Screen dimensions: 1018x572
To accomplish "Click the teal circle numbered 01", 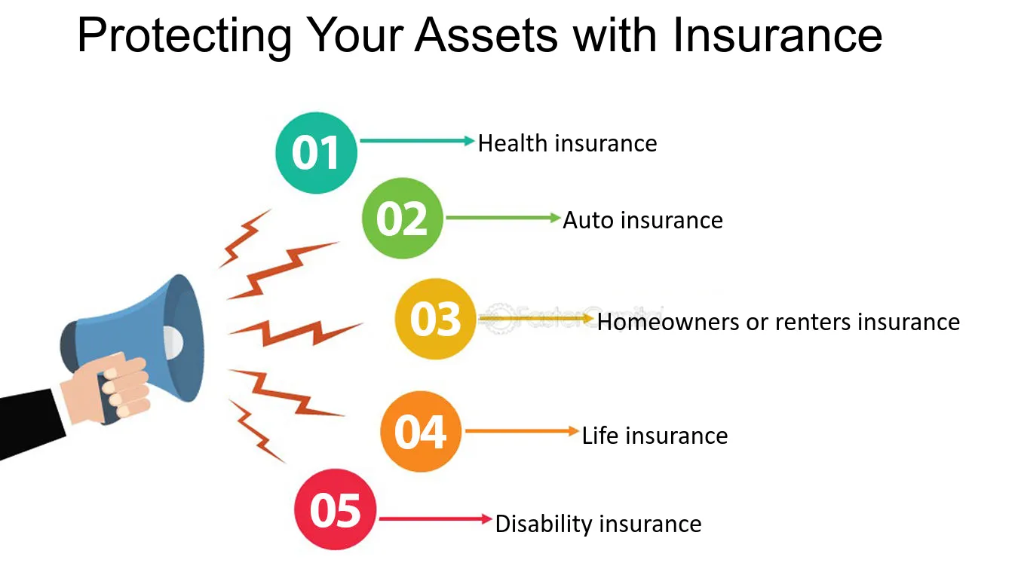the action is (x=316, y=153).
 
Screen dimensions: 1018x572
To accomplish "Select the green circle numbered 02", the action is (x=402, y=219).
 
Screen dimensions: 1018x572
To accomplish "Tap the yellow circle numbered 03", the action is (x=435, y=319).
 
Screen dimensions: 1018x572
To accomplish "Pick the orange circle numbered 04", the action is (x=421, y=432).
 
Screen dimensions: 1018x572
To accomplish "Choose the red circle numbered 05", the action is (x=336, y=509).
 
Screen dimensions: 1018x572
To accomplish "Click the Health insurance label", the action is (x=567, y=144).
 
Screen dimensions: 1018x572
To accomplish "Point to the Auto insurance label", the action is (x=642, y=220).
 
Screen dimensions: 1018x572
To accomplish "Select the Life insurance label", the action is (x=655, y=436).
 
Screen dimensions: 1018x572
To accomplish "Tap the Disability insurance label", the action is (x=598, y=524).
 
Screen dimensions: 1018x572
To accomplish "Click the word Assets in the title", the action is (x=486, y=35).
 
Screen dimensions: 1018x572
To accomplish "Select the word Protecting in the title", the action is (x=185, y=37).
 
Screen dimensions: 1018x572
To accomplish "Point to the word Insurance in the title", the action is (x=777, y=35).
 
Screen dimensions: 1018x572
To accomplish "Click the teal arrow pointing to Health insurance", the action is (x=417, y=141).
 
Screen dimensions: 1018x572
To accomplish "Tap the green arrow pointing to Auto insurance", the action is (x=504, y=218).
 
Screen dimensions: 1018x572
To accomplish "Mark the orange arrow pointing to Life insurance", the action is (x=522, y=431).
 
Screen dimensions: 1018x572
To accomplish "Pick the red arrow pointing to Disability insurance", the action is (x=436, y=518).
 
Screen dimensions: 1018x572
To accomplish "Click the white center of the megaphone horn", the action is (x=173, y=342).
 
